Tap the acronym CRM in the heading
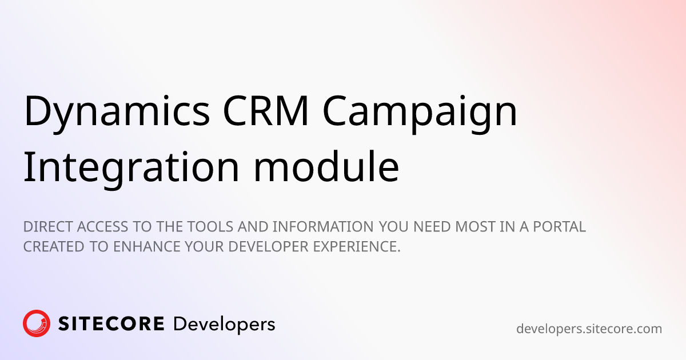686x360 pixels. [x=265, y=110]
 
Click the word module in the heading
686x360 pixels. [x=326, y=166]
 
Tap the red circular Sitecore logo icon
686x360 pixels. [x=37, y=323]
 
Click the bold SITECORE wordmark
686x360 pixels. [x=111, y=324]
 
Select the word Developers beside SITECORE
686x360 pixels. [x=224, y=325]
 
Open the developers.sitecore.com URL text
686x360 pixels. [x=589, y=329]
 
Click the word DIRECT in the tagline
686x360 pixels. [x=49, y=227]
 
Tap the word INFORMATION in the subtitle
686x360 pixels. [x=323, y=227]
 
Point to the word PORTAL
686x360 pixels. [x=560, y=227]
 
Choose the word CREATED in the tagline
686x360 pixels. [x=54, y=247]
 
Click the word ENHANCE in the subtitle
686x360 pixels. [x=147, y=247]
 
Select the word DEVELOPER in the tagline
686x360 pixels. [x=268, y=247]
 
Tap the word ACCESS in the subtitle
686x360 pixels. [x=102, y=227]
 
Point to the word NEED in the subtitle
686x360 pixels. [x=432, y=227]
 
